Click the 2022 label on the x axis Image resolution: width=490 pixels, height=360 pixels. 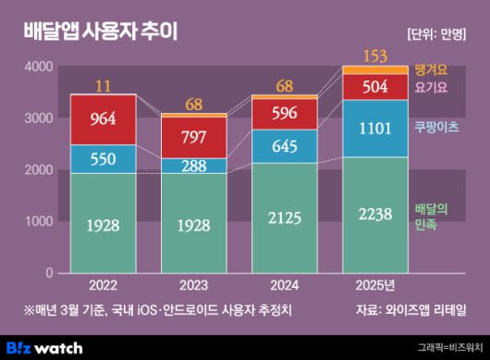coord(103,285)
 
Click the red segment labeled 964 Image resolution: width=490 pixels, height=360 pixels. coord(103,119)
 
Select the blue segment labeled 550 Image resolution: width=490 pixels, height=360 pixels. coord(103,158)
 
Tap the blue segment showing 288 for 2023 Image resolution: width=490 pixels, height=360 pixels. coord(193,166)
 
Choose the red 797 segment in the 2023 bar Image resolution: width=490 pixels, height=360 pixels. coord(193,137)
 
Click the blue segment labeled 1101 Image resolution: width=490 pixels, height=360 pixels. coord(375,128)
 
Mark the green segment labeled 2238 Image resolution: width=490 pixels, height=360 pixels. coord(375,215)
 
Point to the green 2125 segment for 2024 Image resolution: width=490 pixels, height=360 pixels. coord(284,218)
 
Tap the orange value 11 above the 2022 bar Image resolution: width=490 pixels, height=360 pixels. coord(103,85)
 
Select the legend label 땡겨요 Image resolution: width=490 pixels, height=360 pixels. coord(432,69)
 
